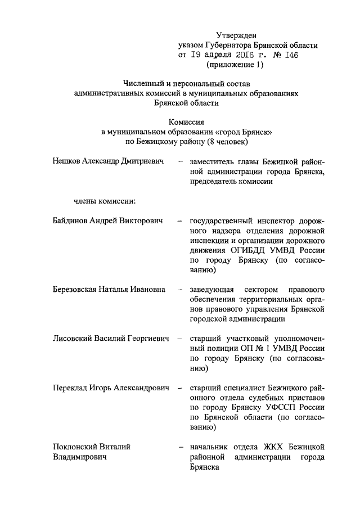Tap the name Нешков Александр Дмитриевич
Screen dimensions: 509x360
pos(107,161)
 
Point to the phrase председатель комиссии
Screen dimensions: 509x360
pos(232,182)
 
